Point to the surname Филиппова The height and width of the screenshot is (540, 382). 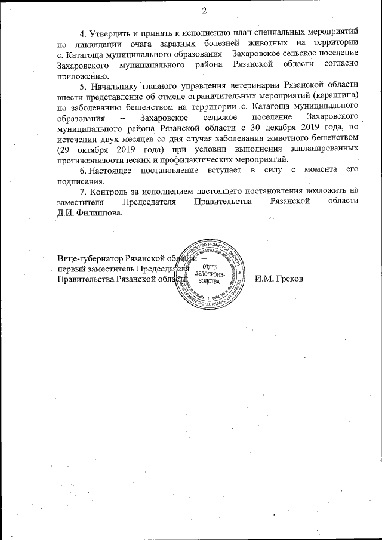[100, 215]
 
